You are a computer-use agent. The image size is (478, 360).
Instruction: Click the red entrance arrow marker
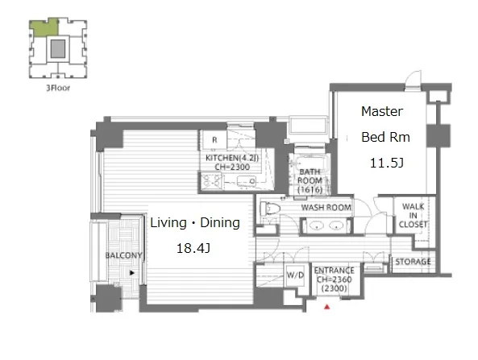click(x=326, y=307)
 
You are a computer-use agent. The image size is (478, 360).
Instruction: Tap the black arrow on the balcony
click(x=132, y=273)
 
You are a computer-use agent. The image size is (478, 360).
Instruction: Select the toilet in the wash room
click(x=270, y=209)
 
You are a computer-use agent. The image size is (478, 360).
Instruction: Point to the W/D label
click(x=295, y=275)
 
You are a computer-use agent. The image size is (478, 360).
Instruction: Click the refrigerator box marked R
click(x=214, y=140)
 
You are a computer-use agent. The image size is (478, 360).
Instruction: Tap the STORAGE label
click(x=413, y=262)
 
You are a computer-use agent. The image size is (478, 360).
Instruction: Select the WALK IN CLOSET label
click(x=413, y=215)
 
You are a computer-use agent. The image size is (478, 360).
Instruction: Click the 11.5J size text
click(x=387, y=163)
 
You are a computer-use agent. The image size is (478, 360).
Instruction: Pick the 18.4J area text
click(x=193, y=249)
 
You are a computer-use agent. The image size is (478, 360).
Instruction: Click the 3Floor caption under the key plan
click(x=58, y=88)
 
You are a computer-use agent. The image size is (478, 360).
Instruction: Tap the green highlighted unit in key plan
click(x=44, y=28)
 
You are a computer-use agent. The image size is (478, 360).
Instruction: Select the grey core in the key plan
click(x=58, y=49)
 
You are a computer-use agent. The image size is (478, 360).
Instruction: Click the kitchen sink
click(x=247, y=181)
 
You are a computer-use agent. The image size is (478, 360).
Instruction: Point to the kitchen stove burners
click(x=211, y=180)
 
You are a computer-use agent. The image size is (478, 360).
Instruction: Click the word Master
click(x=382, y=111)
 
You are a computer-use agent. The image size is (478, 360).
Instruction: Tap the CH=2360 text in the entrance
click(x=334, y=279)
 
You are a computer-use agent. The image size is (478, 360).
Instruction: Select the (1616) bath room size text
click(x=310, y=190)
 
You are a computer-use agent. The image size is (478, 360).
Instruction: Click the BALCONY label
click(x=123, y=255)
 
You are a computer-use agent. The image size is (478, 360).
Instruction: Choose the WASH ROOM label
click(x=326, y=208)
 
